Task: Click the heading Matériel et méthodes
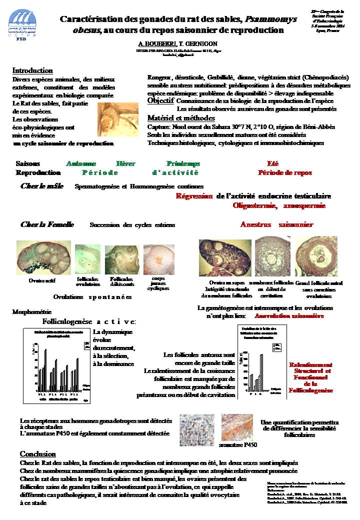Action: click(x=181, y=118)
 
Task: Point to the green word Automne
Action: click(x=82, y=163)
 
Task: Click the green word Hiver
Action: click(x=125, y=163)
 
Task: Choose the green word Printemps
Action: click(x=183, y=163)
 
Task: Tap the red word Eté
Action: click(x=272, y=163)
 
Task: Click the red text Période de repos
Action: click(x=284, y=172)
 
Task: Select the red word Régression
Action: click(x=194, y=196)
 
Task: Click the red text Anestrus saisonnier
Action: click(x=276, y=224)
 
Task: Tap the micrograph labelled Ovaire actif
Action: click(x=43, y=257)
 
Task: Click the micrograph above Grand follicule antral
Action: click(x=316, y=255)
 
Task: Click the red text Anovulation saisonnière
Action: click(x=289, y=316)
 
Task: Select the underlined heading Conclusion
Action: click(x=37, y=454)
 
